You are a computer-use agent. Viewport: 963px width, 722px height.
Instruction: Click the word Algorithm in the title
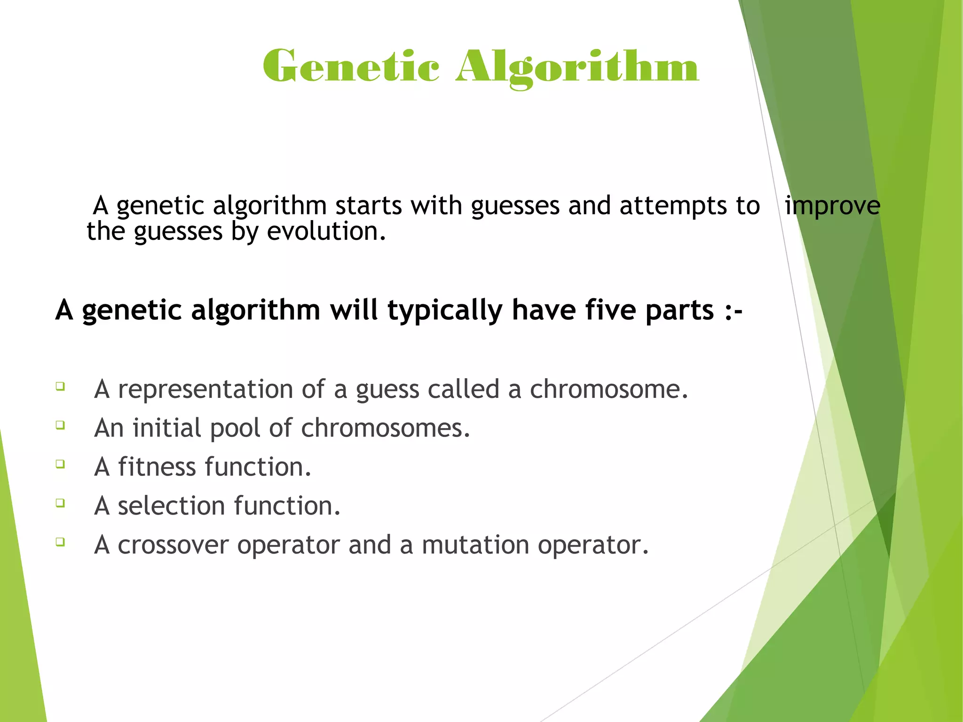tap(577, 67)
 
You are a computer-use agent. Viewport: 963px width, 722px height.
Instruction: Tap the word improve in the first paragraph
tap(832, 206)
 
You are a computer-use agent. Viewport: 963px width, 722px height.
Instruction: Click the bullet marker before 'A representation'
tap(60, 387)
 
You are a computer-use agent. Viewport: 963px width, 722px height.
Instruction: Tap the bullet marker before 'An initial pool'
tap(60, 425)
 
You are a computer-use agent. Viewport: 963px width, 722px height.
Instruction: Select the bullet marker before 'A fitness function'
tap(60, 464)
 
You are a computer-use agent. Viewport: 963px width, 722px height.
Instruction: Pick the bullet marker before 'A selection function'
tap(60, 503)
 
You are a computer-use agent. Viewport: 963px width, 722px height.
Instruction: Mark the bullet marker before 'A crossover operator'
tap(60, 542)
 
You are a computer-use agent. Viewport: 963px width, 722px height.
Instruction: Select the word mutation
tap(475, 545)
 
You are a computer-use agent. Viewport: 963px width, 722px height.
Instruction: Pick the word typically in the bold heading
tap(445, 310)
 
